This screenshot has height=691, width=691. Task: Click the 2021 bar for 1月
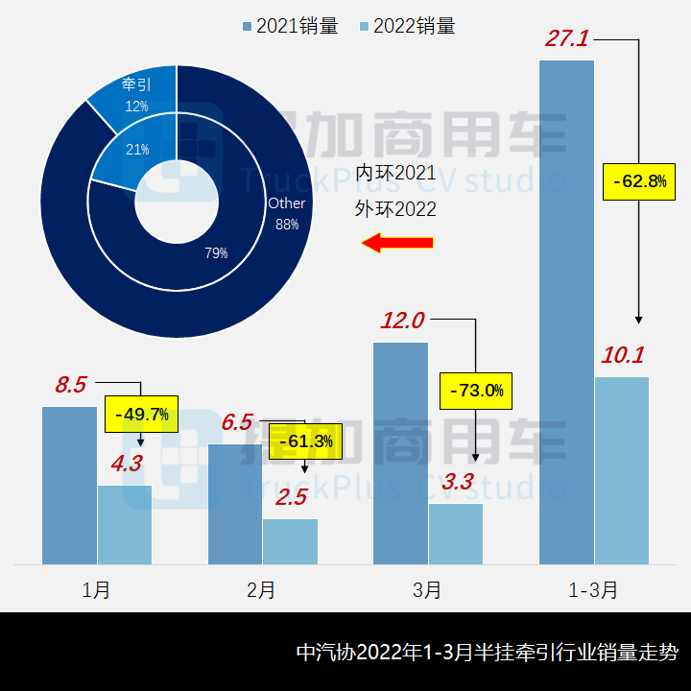click(69, 485)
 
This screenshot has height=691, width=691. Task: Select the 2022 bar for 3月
click(456, 534)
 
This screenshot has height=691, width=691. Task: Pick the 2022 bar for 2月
click(290, 541)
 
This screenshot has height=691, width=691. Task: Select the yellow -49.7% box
click(142, 415)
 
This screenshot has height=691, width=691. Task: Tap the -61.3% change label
click(305, 441)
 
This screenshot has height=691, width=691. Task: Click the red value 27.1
click(566, 39)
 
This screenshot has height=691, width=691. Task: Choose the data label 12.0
click(402, 321)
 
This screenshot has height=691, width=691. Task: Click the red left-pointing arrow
click(397, 243)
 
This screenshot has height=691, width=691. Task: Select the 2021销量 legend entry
click(291, 26)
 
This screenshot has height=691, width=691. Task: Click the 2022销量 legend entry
click(407, 26)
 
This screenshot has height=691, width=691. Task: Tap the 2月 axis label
click(261, 589)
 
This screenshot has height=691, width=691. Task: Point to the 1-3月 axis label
click(593, 589)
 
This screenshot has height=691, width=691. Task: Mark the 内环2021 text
click(395, 174)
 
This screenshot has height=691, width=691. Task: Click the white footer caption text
click(488, 653)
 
